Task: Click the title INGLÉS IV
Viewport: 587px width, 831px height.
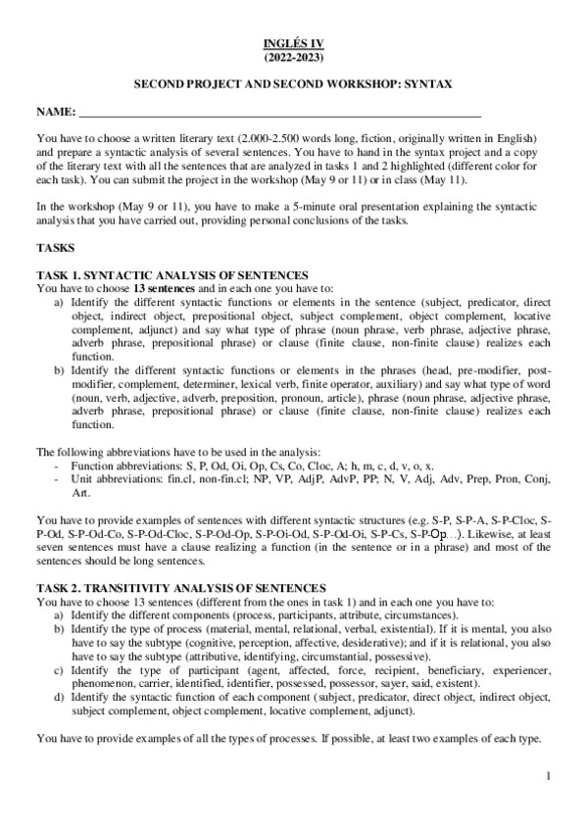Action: click(293, 45)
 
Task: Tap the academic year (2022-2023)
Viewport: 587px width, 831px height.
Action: click(293, 58)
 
